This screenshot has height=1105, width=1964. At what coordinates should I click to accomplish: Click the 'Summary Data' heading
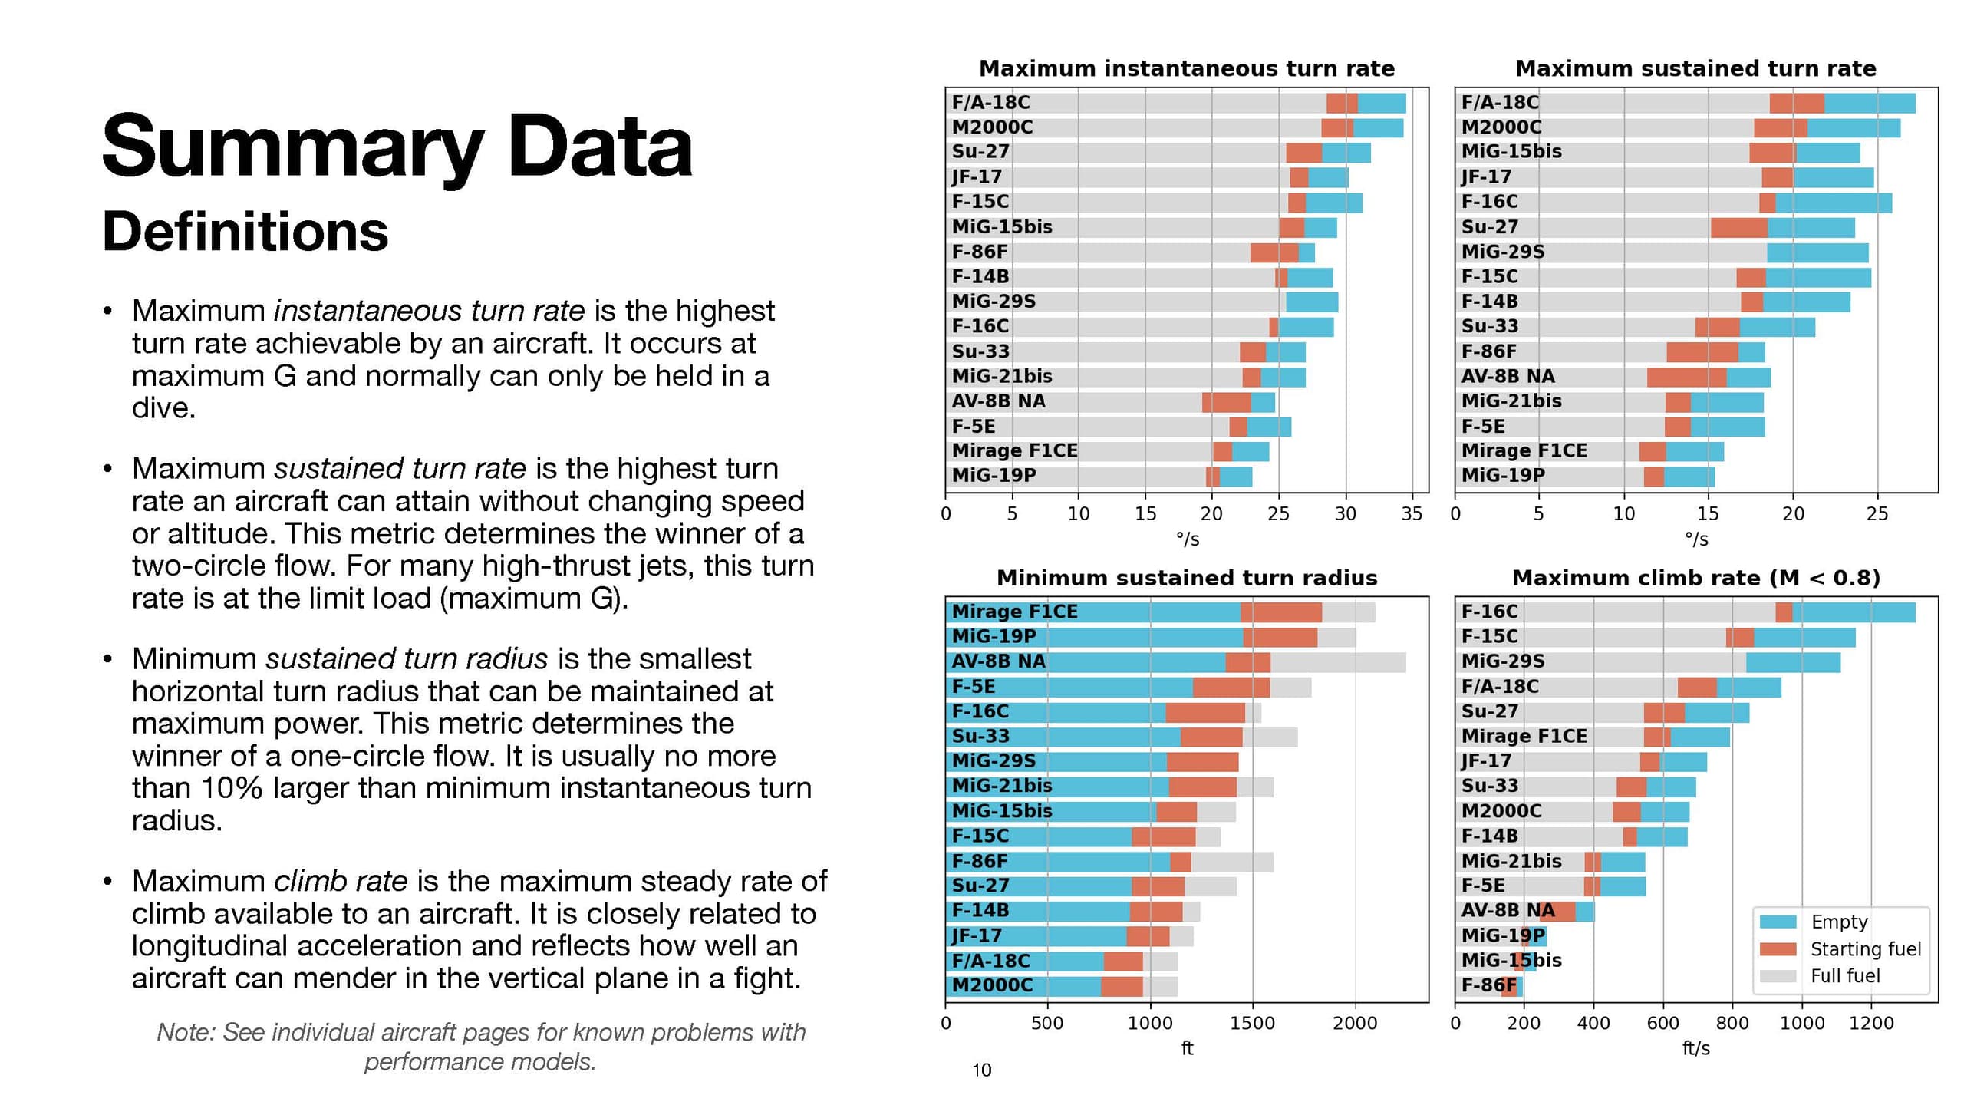click(397, 146)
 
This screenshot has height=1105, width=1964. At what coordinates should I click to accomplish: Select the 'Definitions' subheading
click(245, 231)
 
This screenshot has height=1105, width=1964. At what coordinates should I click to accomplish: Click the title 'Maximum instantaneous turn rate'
click(1186, 69)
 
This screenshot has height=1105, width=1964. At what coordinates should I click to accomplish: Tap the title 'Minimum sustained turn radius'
click(1186, 578)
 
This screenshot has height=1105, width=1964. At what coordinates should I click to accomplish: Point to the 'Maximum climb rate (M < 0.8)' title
click(1695, 578)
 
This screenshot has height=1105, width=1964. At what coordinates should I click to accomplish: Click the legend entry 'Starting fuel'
click(1865, 949)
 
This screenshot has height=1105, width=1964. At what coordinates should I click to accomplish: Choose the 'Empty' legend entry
click(1839, 922)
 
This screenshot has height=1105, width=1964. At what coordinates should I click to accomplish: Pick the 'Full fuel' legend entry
click(1845, 976)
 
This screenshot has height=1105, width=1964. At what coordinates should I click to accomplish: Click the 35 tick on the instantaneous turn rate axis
click(1412, 514)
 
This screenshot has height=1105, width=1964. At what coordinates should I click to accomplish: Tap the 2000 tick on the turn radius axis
click(1355, 1023)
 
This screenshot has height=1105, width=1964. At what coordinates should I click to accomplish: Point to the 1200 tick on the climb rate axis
click(1871, 1023)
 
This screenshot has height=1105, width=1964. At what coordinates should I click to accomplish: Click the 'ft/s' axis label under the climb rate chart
click(1695, 1048)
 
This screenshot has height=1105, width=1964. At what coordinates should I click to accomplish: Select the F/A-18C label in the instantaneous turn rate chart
click(990, 103)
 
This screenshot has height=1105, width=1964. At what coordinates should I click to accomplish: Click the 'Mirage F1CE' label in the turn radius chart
click(1014, 612)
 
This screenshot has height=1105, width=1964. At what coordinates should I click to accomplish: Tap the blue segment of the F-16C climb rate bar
click(1853, 612)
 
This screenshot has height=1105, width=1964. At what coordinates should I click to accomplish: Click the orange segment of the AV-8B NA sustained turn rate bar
click(1686, 377)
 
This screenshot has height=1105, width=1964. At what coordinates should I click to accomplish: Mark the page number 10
click(981, 1070)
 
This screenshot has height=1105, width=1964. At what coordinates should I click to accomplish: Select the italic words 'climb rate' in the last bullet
click(341, 881)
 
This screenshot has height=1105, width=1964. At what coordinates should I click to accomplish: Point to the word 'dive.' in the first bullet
click(163, 408)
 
